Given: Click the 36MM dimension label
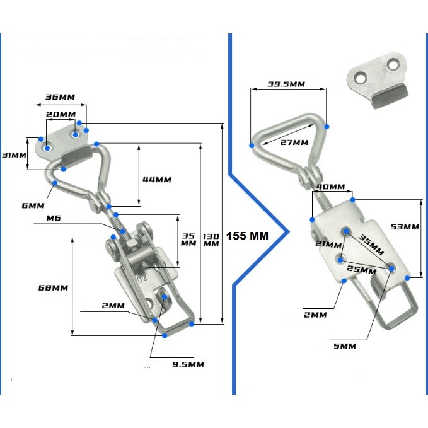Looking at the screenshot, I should (x=60, y=97).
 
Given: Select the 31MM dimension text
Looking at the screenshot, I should (x=14, y=155).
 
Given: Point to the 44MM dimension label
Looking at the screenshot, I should (x=156, y=180).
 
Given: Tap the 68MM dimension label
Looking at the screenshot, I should (x=52, y=287).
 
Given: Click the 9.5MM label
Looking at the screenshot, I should (x=188, y=364).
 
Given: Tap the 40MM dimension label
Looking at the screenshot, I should (x=330, y=187).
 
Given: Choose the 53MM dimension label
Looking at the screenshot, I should (x=404, y=226).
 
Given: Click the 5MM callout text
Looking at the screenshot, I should (x=345, y=346).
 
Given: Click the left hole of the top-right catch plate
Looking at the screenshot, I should (x=361, y=77).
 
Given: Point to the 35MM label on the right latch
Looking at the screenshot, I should (x=371, y=245).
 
